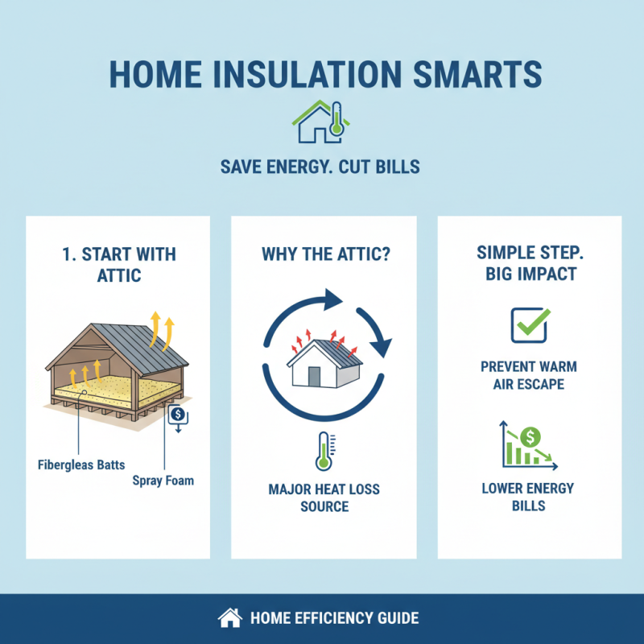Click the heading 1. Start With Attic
click(x=118, y=265)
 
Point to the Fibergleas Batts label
click(x=74, y=464)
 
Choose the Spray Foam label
click(x=163, y=481)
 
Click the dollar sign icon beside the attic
click(x=176, y=416)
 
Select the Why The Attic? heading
click(x=324, y=254)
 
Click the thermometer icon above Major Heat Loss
click(x=324, y=451)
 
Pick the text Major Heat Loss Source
click(x=324, y=497)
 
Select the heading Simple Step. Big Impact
click(x=530, y=263)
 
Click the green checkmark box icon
click(x=530, y=324)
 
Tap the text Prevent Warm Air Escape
click(x=529, y=375)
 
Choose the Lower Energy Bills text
click(x=529, y=497)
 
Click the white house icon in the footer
click(x=230, y=618)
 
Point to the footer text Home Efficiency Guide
click(x=334, y=618)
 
